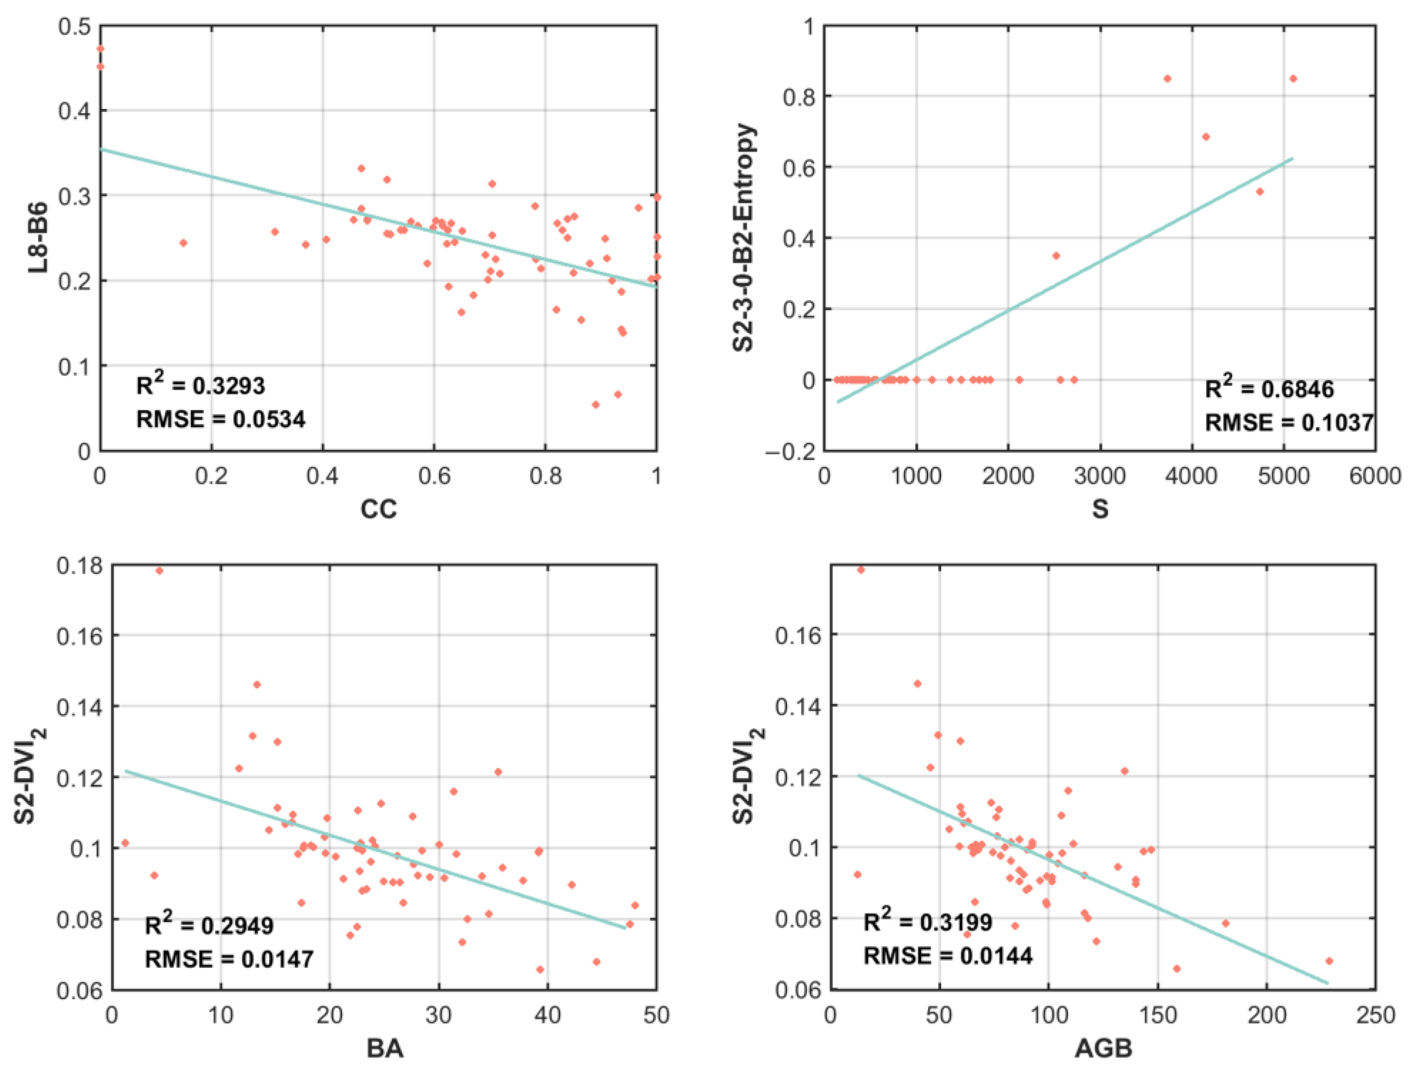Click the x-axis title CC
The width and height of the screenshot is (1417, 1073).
379,509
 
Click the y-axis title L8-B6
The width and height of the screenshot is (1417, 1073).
38,238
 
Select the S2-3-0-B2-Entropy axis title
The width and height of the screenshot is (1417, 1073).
744,238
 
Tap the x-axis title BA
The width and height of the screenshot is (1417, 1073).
384,1048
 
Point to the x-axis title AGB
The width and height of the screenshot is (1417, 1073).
1103,1048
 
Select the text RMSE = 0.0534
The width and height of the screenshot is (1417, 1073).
221,419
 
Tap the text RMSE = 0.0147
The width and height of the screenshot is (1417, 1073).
229,959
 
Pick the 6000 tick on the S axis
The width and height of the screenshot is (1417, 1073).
1375,476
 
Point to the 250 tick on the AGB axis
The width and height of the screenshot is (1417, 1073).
1375,1016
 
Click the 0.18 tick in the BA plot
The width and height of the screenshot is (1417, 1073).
79,566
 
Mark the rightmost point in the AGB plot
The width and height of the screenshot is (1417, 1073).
1329,961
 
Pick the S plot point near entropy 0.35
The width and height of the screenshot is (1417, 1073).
1056,256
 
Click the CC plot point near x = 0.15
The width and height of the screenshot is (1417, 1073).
183,243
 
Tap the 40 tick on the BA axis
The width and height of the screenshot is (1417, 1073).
548,1016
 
